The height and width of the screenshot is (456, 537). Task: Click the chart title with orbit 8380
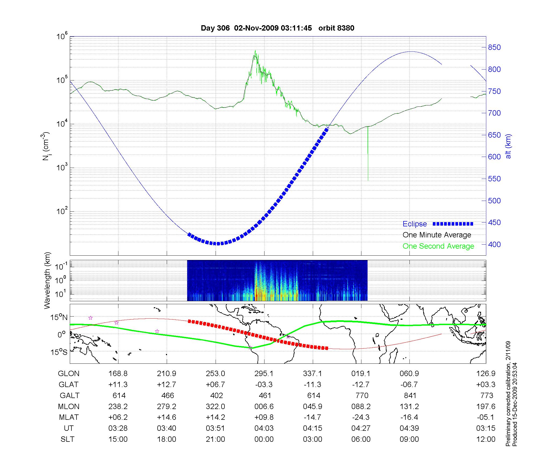tap(277, 28)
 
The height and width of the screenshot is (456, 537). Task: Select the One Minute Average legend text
tap(437, 235)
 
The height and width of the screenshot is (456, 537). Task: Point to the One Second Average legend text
tap(438, 246)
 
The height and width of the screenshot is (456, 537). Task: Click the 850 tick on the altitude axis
tap(494, 47)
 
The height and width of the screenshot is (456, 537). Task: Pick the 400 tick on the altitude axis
tap(494, 244)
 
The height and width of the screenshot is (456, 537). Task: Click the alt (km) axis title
tap(508, 146)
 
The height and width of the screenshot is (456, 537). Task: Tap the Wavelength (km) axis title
tap(48, 281)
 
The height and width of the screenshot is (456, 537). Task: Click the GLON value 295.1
tap(264, 373)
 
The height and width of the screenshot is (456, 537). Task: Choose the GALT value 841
tap(410, 395)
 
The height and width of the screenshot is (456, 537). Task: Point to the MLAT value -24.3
tap(361, 417)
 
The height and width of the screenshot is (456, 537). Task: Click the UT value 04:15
tap(313, 428)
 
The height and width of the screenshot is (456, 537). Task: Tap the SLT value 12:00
tap(486, 439)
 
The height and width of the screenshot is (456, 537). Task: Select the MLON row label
tap(69, 406)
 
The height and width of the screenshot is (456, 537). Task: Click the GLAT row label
tap(68, 384)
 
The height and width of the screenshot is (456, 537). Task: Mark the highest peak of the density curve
tap(255, 50)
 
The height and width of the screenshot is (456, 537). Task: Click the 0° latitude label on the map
tap(61, 335)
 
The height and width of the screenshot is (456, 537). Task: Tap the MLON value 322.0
tap(215, 406)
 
